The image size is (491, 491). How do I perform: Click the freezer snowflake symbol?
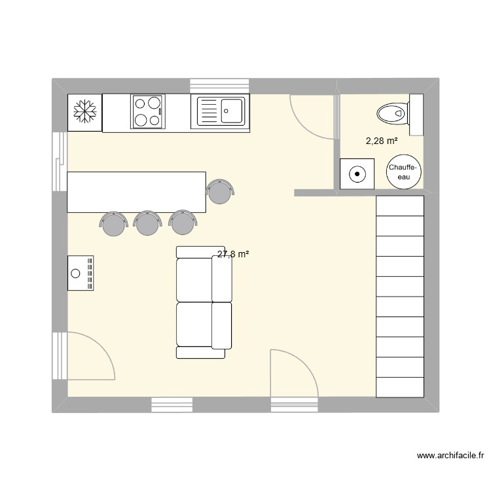[84, 112]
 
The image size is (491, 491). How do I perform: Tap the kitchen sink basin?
[232, 110]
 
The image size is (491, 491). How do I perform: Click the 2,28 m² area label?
[382, 140]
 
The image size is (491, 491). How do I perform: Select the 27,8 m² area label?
[232, 255]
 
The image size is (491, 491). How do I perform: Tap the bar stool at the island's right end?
[219, 191]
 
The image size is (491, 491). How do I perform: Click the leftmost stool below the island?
[115, 224]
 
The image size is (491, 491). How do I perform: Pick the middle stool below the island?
[148, 224]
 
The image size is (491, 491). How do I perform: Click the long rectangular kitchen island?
[136, 192]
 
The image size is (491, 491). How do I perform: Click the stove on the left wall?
[81, 272]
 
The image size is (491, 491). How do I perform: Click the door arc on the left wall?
[92, 356]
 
